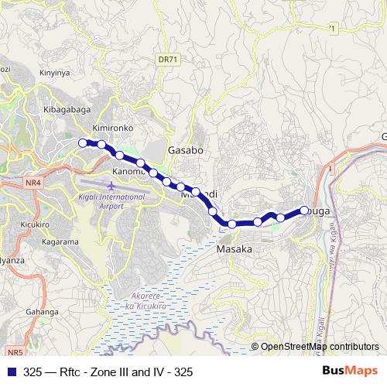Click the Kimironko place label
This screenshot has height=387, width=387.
(113, 126)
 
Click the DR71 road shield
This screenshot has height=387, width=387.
(166, 59)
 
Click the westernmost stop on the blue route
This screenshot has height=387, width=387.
(84, 142)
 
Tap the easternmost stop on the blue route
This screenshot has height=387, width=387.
(304, 209)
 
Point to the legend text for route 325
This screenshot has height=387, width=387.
(108, 372)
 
